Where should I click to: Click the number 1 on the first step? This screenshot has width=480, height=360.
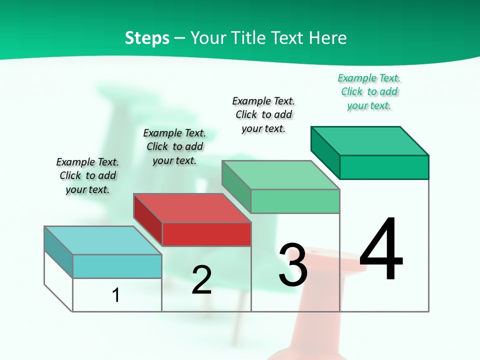[x=116, y=295]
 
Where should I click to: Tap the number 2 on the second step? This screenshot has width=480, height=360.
[x=201, y=279]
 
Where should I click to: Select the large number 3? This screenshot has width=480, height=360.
[x=293, y=265]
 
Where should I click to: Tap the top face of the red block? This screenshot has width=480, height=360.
[x=192, y=208]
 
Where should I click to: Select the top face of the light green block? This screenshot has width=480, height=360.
[x=280, y=175]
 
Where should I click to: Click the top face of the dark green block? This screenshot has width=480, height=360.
[x=369, y=141]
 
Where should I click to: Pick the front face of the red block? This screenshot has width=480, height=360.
[x=206, y=234]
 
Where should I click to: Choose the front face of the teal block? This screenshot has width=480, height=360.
[x=117, y=266]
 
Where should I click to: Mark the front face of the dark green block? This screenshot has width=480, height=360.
[x=384, y=167]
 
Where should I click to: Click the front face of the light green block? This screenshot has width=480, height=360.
[x=295, y=201]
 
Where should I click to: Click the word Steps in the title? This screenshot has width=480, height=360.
[x=147, y=38]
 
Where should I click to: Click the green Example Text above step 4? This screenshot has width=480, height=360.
[x=369, y=78]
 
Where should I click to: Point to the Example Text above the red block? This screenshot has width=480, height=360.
[x=174, y=133]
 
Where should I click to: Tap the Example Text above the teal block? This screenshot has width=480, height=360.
[x=87, y=162]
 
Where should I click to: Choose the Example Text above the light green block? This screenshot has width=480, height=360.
[x=263, y=101]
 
